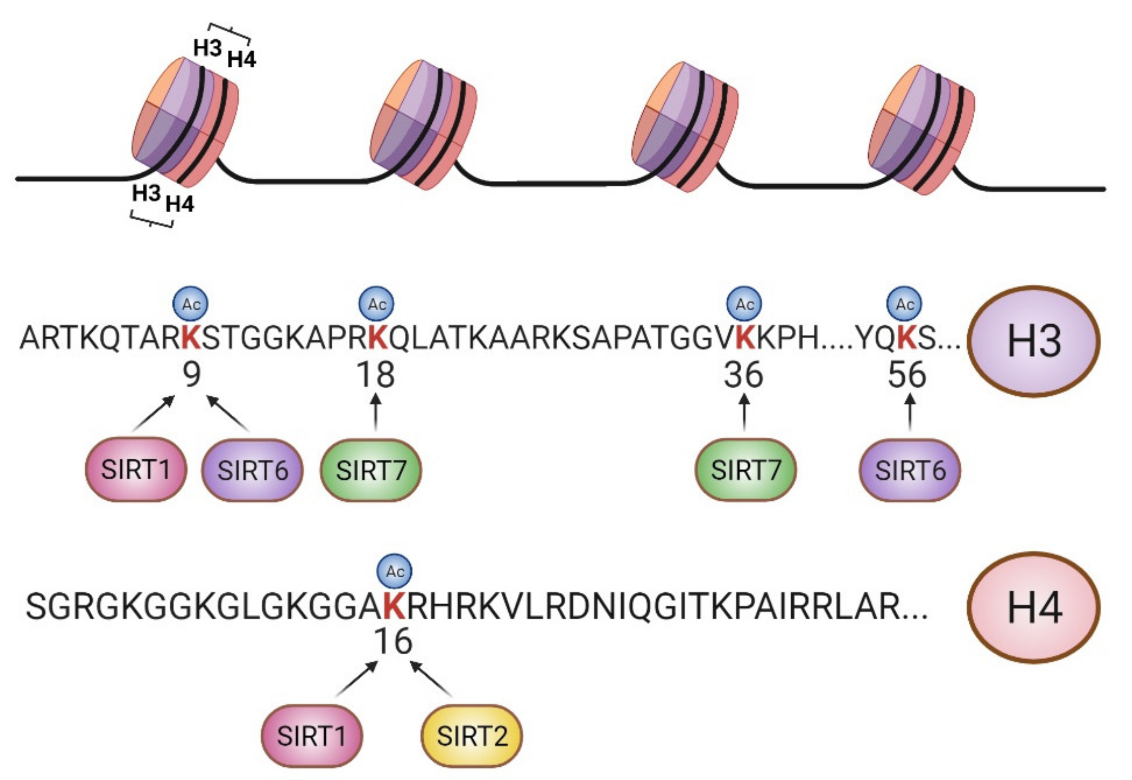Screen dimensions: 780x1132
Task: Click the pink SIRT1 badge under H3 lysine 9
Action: click(136, 470)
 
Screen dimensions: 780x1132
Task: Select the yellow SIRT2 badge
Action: click(472, 736)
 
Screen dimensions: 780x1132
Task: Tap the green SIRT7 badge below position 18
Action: click(371, 470)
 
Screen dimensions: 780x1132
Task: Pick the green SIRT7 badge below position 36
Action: click(746, 470)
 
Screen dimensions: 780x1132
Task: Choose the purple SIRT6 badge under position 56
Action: click(910, 470)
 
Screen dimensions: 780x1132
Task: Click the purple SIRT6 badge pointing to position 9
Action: click(252, 470)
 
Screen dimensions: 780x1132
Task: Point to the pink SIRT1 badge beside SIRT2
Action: click(312, 736)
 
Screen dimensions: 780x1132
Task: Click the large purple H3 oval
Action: click(1034, 341)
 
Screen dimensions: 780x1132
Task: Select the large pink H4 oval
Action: click(1034, 608)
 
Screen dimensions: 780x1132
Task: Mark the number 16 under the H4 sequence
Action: click(393, 641)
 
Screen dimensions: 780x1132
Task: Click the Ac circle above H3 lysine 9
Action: click(191, 304)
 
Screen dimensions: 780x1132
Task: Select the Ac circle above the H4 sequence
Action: click(395, 571)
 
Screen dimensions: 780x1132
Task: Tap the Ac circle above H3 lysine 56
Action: click(904, 304)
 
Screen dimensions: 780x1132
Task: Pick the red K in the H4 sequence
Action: click(394, 606)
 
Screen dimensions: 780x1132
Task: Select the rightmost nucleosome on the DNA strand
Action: click(921, 130)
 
